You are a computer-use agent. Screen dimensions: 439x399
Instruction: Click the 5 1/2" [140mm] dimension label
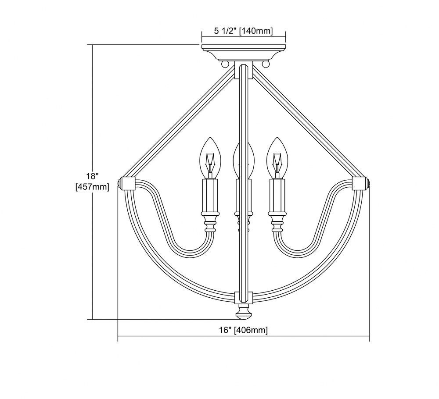(243, 31)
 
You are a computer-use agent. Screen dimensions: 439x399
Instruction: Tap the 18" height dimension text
(92, 176)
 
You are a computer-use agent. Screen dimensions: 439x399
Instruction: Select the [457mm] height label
(92, 186)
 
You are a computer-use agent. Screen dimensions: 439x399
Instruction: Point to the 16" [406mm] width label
(243, 330)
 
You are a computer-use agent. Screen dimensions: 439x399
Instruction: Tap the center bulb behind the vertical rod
(244, 159)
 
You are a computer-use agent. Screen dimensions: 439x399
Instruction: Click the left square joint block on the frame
(129, 183)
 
